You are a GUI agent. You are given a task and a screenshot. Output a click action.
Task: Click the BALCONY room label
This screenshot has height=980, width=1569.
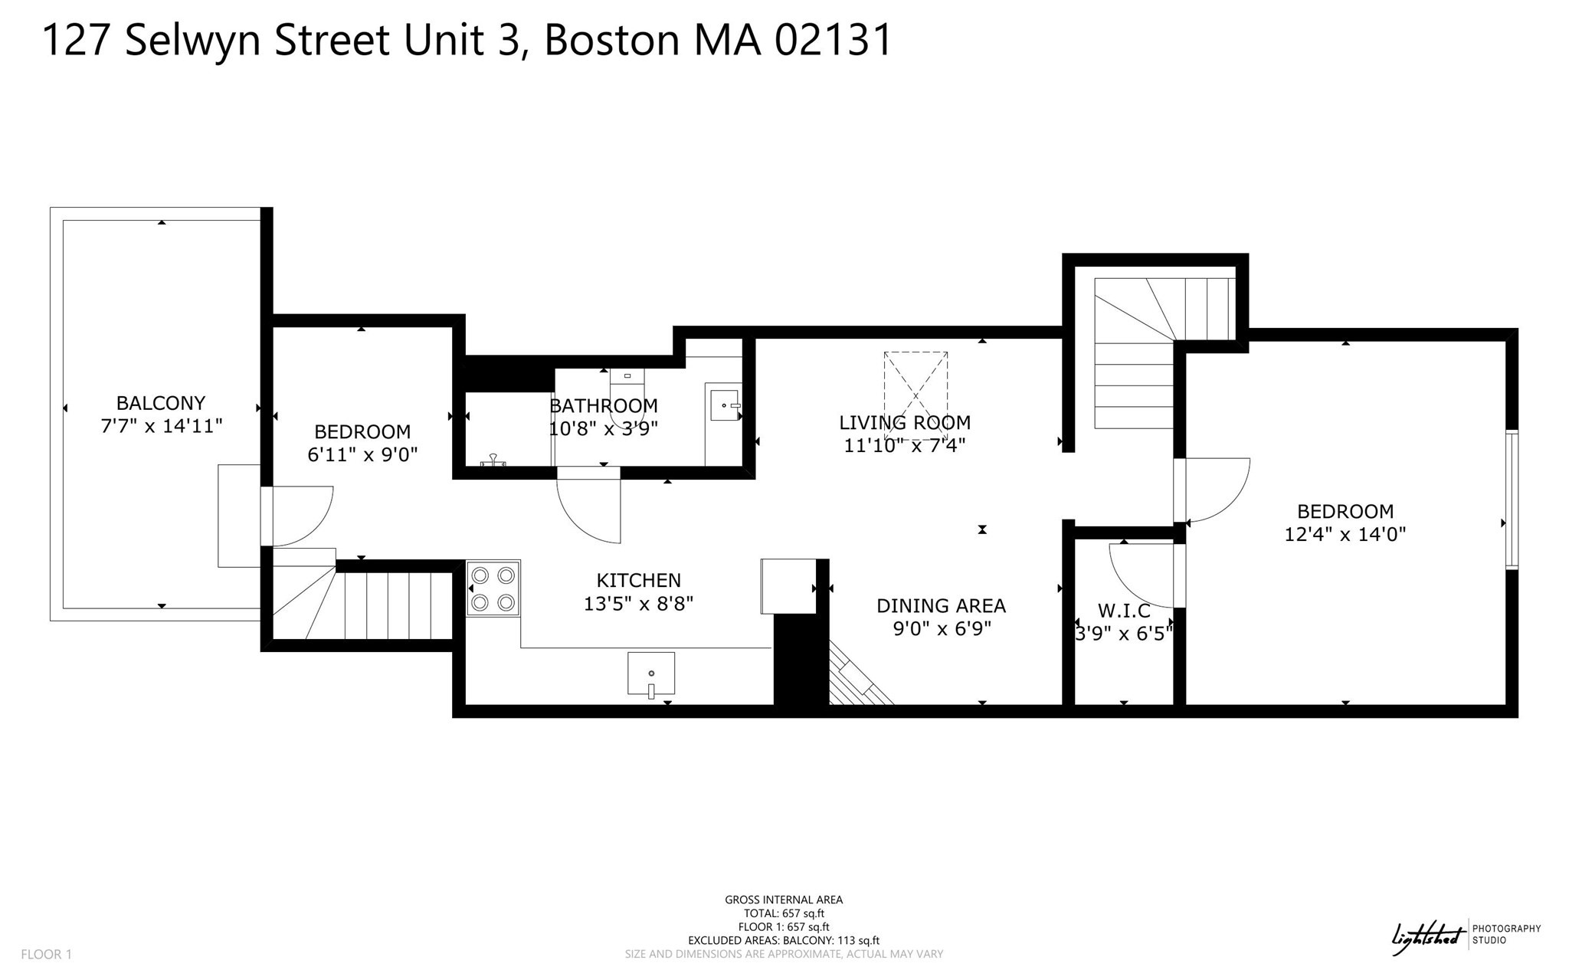(x=161, y=403)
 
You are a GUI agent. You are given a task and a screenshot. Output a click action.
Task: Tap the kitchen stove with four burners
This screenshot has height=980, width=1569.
(x=493, y=588)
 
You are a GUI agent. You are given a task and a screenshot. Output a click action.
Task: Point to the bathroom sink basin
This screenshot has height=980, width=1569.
(x=723, y=405)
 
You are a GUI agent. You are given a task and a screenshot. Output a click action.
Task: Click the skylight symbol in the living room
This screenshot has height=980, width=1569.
(x=916, y=395)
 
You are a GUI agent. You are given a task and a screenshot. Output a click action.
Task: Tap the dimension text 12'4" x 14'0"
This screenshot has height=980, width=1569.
(x=1345, y=534)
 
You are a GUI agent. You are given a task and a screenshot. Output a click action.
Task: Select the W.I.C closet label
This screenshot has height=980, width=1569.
(x=1124, y=611)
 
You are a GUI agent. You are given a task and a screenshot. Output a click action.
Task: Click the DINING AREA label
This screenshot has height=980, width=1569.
(x=941, y=606)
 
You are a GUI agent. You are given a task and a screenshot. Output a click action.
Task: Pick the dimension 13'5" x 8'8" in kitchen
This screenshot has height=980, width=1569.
(x=638, y=604)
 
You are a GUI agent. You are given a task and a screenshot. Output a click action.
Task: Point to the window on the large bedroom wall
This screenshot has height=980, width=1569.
(x=1511, y=500)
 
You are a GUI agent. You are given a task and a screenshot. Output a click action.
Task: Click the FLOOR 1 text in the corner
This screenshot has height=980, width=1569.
(x=46, y=955)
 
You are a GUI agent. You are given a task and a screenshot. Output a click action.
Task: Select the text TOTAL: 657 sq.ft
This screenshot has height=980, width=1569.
(x=784, y=913)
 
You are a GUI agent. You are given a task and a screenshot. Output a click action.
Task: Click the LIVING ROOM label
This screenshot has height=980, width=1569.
(x=905, y=422)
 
